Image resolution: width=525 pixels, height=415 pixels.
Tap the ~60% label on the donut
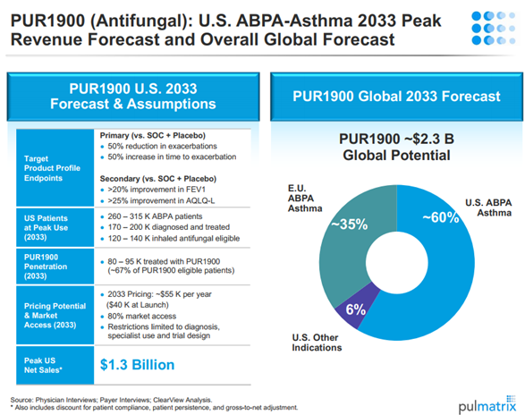(441, 217)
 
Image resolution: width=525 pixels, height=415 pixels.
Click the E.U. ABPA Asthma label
(305, 199)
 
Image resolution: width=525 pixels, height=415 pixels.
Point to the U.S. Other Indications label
(317, 343)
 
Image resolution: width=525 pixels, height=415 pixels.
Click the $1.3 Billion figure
(137, 365)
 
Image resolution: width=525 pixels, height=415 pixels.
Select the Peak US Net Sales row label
(43, 365)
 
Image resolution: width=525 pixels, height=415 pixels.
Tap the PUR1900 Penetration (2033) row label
(46, 267)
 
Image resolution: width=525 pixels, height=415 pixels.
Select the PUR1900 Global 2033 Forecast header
(396, 97)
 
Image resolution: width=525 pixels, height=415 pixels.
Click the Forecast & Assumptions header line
(133, 104)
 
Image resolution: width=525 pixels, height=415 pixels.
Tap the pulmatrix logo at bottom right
(487, 405)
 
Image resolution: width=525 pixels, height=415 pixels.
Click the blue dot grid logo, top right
(493, 28)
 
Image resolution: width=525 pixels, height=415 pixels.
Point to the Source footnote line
(111, 400)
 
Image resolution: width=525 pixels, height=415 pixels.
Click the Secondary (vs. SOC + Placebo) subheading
(158, 179)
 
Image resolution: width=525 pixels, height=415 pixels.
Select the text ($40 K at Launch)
(137, 305)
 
